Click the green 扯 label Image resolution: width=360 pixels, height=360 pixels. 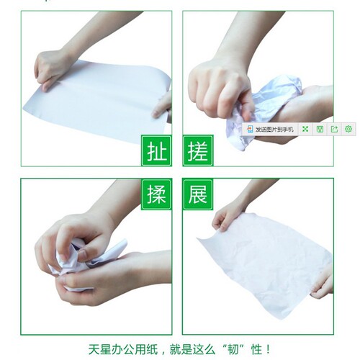coord(156,150)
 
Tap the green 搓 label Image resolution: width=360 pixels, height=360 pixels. coord(198,150)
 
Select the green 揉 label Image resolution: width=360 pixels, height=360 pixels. coord(156,194)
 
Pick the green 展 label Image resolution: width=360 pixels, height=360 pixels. coord(198,194)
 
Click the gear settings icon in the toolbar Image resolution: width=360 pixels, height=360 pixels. coord(348,129)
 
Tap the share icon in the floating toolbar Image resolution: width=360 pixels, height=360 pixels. coord(334,129)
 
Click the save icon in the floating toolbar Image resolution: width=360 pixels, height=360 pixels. coord(320,129)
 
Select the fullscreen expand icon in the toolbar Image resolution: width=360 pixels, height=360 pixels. coord(305,129)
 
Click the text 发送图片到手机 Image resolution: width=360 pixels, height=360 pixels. coord(274,130)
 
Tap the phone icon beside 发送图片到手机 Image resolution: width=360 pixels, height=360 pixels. coord(250,129)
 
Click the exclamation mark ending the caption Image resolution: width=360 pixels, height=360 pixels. coord(268,349)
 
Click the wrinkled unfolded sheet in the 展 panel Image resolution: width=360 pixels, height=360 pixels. coord(264,264)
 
